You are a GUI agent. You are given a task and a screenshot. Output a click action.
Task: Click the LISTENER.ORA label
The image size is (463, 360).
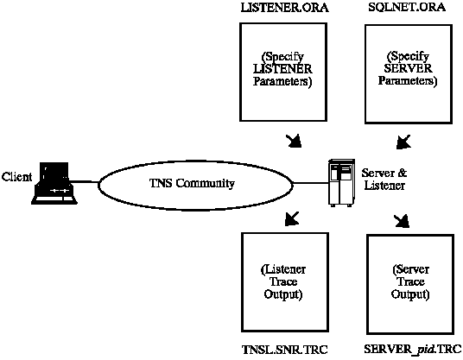(x=284, y=8)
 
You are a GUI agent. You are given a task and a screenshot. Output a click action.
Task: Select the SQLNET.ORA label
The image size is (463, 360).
(x=407, y=7)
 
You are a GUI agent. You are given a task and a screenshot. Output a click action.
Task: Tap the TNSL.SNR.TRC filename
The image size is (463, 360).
(x=285, y=350)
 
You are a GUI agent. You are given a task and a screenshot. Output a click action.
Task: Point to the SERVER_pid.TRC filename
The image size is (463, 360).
(x=413, y=350)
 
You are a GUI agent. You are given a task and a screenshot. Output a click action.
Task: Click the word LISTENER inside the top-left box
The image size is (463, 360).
(x=282, y=69)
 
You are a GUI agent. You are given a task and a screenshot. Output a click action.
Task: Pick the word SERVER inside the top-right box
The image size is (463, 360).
(x=408, y=68)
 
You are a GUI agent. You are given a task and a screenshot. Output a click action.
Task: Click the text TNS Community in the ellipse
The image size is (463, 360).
(x=192, y=184)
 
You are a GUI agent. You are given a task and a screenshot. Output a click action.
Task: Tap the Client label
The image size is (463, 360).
(x=16, y=177)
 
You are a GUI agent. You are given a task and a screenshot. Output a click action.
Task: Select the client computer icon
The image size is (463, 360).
(x=54, y=183)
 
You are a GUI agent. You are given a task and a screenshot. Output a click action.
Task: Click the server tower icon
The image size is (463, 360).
(x=341, y=182)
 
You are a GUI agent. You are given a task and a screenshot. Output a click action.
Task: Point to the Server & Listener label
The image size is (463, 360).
(x=384, y=179)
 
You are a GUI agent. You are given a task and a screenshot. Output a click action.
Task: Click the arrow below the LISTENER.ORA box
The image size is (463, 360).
(x=294, y=141)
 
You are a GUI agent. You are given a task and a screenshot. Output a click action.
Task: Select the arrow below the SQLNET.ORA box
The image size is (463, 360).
(x=403, y=142)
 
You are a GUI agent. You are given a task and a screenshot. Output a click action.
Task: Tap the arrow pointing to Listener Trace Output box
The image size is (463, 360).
(x=292, y=218)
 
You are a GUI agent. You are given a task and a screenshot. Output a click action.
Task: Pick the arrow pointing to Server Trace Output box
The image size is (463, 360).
(x=402, y=221)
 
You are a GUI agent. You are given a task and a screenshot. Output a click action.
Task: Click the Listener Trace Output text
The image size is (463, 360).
(x=282, y=282)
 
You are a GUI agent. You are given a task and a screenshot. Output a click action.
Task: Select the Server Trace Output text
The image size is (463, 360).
(x=410, y=281)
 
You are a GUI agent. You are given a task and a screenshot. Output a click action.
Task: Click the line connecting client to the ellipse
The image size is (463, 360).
(x=85, y=182)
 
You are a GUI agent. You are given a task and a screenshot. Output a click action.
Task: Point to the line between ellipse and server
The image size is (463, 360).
(x=311, y=183)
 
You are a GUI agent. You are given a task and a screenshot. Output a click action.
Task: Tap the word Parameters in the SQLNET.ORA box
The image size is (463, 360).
(x=408, y=81)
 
